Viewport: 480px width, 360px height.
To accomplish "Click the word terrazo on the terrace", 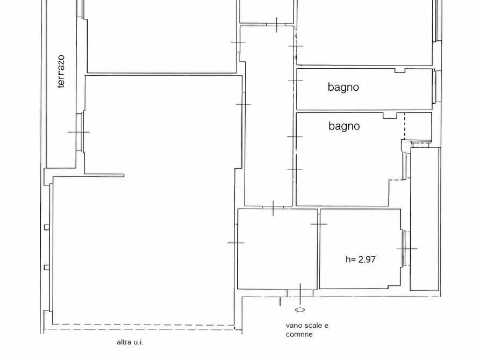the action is tap(61, 71).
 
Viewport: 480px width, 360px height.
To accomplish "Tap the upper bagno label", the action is tap(343, 87).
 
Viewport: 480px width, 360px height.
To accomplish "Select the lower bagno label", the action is tap(344, 126).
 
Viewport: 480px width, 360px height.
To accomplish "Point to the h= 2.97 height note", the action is tap(361, 260).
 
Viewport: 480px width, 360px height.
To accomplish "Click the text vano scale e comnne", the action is tap(307, 330).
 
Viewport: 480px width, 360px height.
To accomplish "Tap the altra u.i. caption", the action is tap(130, 342).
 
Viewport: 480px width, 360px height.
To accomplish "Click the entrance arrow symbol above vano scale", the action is tap(300, 310).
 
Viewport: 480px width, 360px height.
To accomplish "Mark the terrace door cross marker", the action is tap(78, 132).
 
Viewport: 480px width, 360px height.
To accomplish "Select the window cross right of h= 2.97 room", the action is tap(407, 249).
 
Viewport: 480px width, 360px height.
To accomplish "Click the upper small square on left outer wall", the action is tap(47, 227).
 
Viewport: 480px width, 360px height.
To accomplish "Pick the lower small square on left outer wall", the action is tap(47, 268).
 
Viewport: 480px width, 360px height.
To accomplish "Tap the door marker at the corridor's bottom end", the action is tap(273, 208).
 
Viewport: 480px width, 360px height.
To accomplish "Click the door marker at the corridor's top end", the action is tap(276, 25).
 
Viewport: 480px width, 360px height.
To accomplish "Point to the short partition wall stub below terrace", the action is tap(104, 175).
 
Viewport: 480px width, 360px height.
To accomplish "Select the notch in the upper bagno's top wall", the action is tap(400, 70).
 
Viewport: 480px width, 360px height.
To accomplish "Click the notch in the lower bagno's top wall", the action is tap(390, 116).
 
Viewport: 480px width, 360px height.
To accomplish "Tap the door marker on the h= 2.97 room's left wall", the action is tap(319, 224).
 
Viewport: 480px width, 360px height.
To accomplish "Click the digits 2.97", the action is tap(367, 260).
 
